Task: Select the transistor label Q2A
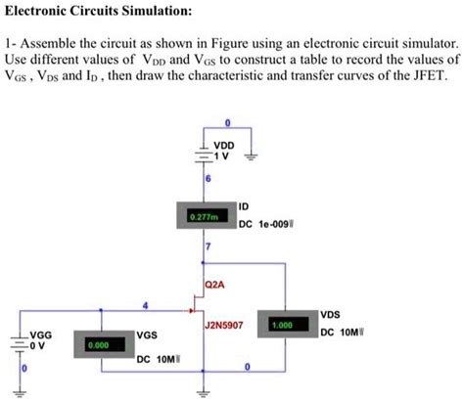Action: tap(215, 286)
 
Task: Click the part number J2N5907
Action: tap(223, 323)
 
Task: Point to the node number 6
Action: tap(208, 177)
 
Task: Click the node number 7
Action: tap(208, 251)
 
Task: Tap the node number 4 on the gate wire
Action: tap(147, 303)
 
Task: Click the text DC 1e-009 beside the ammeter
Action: tap(269, 223)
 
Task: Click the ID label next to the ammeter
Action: tap(245, 206)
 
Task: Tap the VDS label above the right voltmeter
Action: tap(331, 315)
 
